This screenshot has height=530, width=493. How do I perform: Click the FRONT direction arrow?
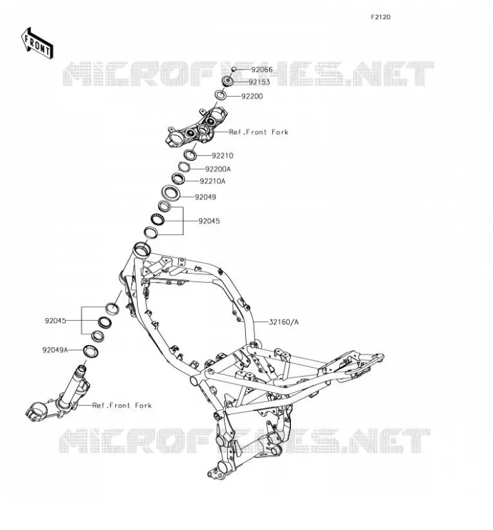pyautogui.click(x=37, y=43)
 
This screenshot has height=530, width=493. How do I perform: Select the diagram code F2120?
pyautogui.click(x=380, y=17)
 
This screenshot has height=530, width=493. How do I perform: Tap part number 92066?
pyautogui.click(x=262, y=70)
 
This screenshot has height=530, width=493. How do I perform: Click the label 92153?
pyautogui.click(x=259, y=82)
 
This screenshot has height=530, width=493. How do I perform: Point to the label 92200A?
pyautogui.click(x=218, y=169)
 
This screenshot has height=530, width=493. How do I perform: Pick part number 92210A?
pyautogui.click(x=212, y=181)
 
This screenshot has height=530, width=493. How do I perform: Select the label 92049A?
pyautogui.click(x=55, y=350)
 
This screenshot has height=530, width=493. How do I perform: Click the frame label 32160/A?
pyautogui.click(x=284, y=322)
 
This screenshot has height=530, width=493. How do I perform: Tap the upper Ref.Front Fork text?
pyautogui.click(x=258, y=132)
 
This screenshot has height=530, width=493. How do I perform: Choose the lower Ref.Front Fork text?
pyautogui.click(x=122, y=405)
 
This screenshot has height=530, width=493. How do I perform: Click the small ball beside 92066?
pyautogui.click(x=233, y=70)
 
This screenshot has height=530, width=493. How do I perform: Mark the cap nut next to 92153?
pyautogui.click(x=227, y=81)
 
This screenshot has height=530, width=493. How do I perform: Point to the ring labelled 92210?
pyautogui.click(x=190, y=155)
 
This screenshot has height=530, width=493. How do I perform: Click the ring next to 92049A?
pyautogui.click(x=91, y=351)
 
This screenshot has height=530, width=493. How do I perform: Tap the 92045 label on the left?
pyautogui.click(x=56, y=321)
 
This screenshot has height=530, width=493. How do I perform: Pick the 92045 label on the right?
pyautogui.click(x=209, y=221)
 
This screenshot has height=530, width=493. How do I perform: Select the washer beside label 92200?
pyautogui.click(x=221, y=95)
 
